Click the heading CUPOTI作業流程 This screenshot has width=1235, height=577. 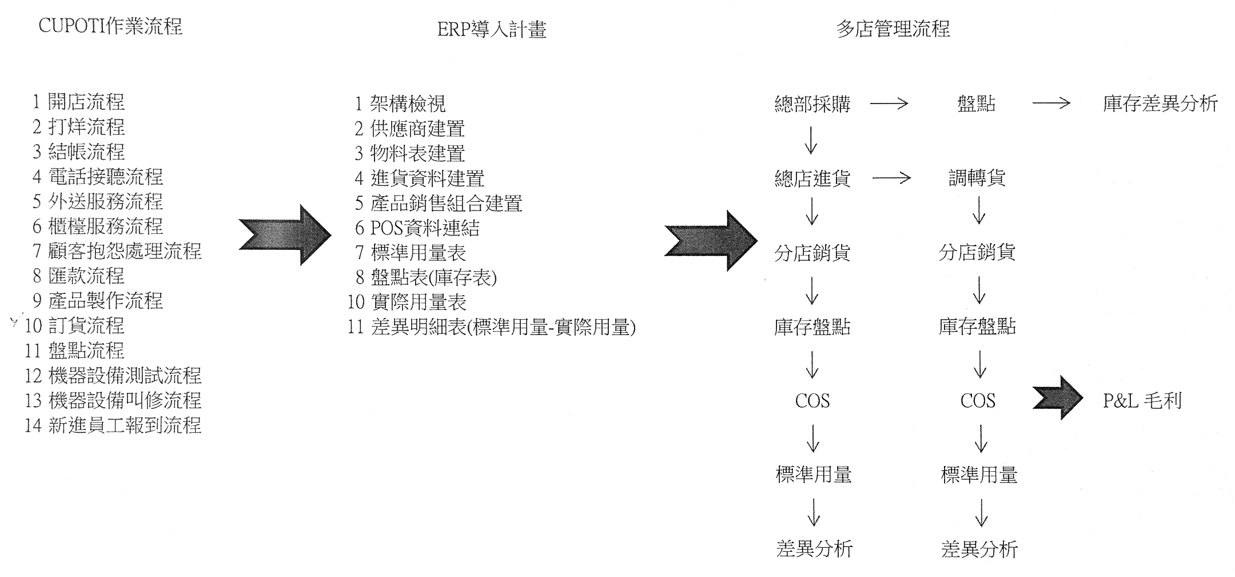[110, 26]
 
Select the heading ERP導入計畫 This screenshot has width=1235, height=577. [492, 29]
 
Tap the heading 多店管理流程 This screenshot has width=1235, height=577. [893, 29]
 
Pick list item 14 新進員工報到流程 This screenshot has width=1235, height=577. [113, 425]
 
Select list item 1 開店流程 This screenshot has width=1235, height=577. [78, 102]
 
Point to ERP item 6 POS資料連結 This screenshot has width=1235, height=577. [417, 228]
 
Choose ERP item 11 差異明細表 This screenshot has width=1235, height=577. [492, 327]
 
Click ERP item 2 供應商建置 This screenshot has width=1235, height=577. [409, 129]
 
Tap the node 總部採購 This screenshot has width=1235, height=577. [812, 104]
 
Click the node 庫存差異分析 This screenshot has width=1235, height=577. [1160, 104]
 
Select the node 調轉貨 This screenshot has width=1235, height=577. [977, 178]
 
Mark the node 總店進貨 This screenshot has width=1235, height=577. [812, 178]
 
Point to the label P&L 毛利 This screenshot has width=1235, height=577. [1142, 401]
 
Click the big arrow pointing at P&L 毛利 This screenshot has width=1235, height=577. [1058, 398]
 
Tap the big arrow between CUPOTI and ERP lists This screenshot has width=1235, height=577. [285, 235]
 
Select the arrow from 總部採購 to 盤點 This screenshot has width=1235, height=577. [889, 104]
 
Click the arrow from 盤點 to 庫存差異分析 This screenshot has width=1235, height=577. [1051, 104]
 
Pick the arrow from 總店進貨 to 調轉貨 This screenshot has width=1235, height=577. [891, 178]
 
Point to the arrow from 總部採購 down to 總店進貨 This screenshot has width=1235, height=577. [811, 140]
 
